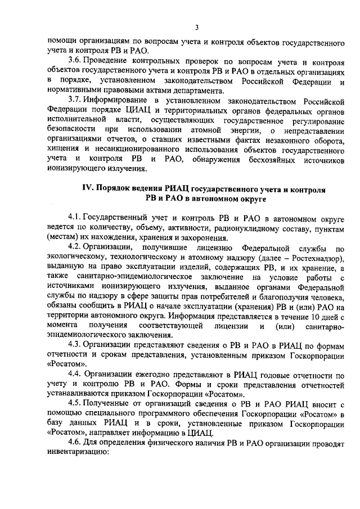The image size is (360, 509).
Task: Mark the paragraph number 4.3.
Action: point(75,344)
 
